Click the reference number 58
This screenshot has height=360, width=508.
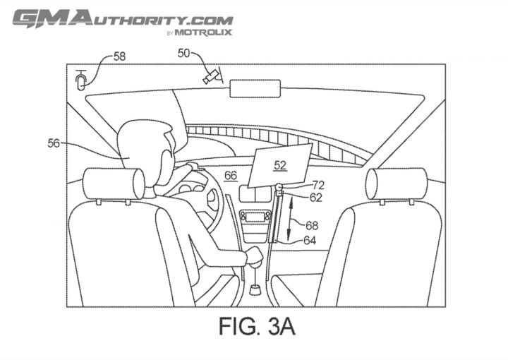coord(119,56)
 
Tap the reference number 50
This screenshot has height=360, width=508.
coord(183,53)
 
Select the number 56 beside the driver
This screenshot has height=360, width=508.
coord(54,143)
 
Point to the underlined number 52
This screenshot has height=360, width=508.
coord(280,165)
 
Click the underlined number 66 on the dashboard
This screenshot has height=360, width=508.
coord(231,176)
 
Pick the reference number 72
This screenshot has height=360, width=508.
coord(318,185)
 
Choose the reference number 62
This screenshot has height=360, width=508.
coord(316,198)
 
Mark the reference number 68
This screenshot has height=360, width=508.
coord(312,225)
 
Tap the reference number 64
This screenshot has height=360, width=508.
coord(310,240)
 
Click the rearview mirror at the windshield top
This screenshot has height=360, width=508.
coord(255,88)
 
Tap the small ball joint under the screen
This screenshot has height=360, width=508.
coord(279,187)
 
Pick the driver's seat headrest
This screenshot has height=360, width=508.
coord(114,184)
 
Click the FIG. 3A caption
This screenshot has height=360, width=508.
coord(257,326)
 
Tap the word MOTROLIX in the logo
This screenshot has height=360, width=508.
coord(203,32)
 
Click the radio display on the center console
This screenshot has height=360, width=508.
coord(255,217)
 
